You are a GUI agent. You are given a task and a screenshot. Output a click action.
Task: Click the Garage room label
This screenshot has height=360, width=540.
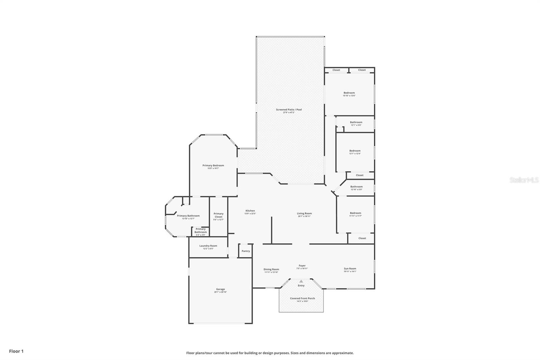coord(220,289)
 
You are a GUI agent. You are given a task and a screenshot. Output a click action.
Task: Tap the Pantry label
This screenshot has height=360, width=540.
coord(246,251)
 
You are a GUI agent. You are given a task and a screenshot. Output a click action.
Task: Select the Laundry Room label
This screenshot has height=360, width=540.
coord(208,246)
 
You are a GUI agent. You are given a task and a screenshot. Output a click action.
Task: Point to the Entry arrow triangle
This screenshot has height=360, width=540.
coord(301,281)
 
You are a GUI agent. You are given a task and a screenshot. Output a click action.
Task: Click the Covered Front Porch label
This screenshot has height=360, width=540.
coord(302,299)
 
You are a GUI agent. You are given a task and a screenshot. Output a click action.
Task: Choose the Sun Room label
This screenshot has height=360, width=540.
coord(350,269)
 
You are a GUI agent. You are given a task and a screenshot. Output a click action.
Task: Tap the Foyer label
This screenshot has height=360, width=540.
coord(302,266)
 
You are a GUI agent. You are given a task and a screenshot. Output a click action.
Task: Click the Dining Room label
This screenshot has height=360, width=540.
coord(271,269)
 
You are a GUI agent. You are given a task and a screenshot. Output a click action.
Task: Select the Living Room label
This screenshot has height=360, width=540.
coord(304,213)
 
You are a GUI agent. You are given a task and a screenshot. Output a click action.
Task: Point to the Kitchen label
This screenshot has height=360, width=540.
coord(250,211)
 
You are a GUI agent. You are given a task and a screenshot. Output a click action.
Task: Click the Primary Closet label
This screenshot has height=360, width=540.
coord(218,215)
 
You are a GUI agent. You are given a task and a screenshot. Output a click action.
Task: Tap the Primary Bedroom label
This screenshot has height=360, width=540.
coord(213,165)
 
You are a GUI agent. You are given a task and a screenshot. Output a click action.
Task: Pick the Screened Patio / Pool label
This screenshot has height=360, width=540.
coord(289,110)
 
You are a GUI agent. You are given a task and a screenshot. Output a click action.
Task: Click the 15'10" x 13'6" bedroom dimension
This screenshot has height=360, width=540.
coord(349,96)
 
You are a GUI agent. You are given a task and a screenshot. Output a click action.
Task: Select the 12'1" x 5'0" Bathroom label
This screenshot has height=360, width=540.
coord(356,122)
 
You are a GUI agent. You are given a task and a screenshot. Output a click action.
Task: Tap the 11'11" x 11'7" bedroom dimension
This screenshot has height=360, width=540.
coord(355,216)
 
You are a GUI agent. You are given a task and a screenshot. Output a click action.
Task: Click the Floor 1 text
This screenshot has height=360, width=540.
coord(16,351)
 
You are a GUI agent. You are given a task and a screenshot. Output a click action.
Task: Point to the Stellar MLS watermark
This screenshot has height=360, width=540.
coord(524,180)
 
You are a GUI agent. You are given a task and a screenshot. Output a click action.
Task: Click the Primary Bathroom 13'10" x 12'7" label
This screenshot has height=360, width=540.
coord(188,216)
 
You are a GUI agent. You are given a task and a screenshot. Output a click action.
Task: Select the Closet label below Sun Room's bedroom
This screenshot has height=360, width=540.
coord(362,238)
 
